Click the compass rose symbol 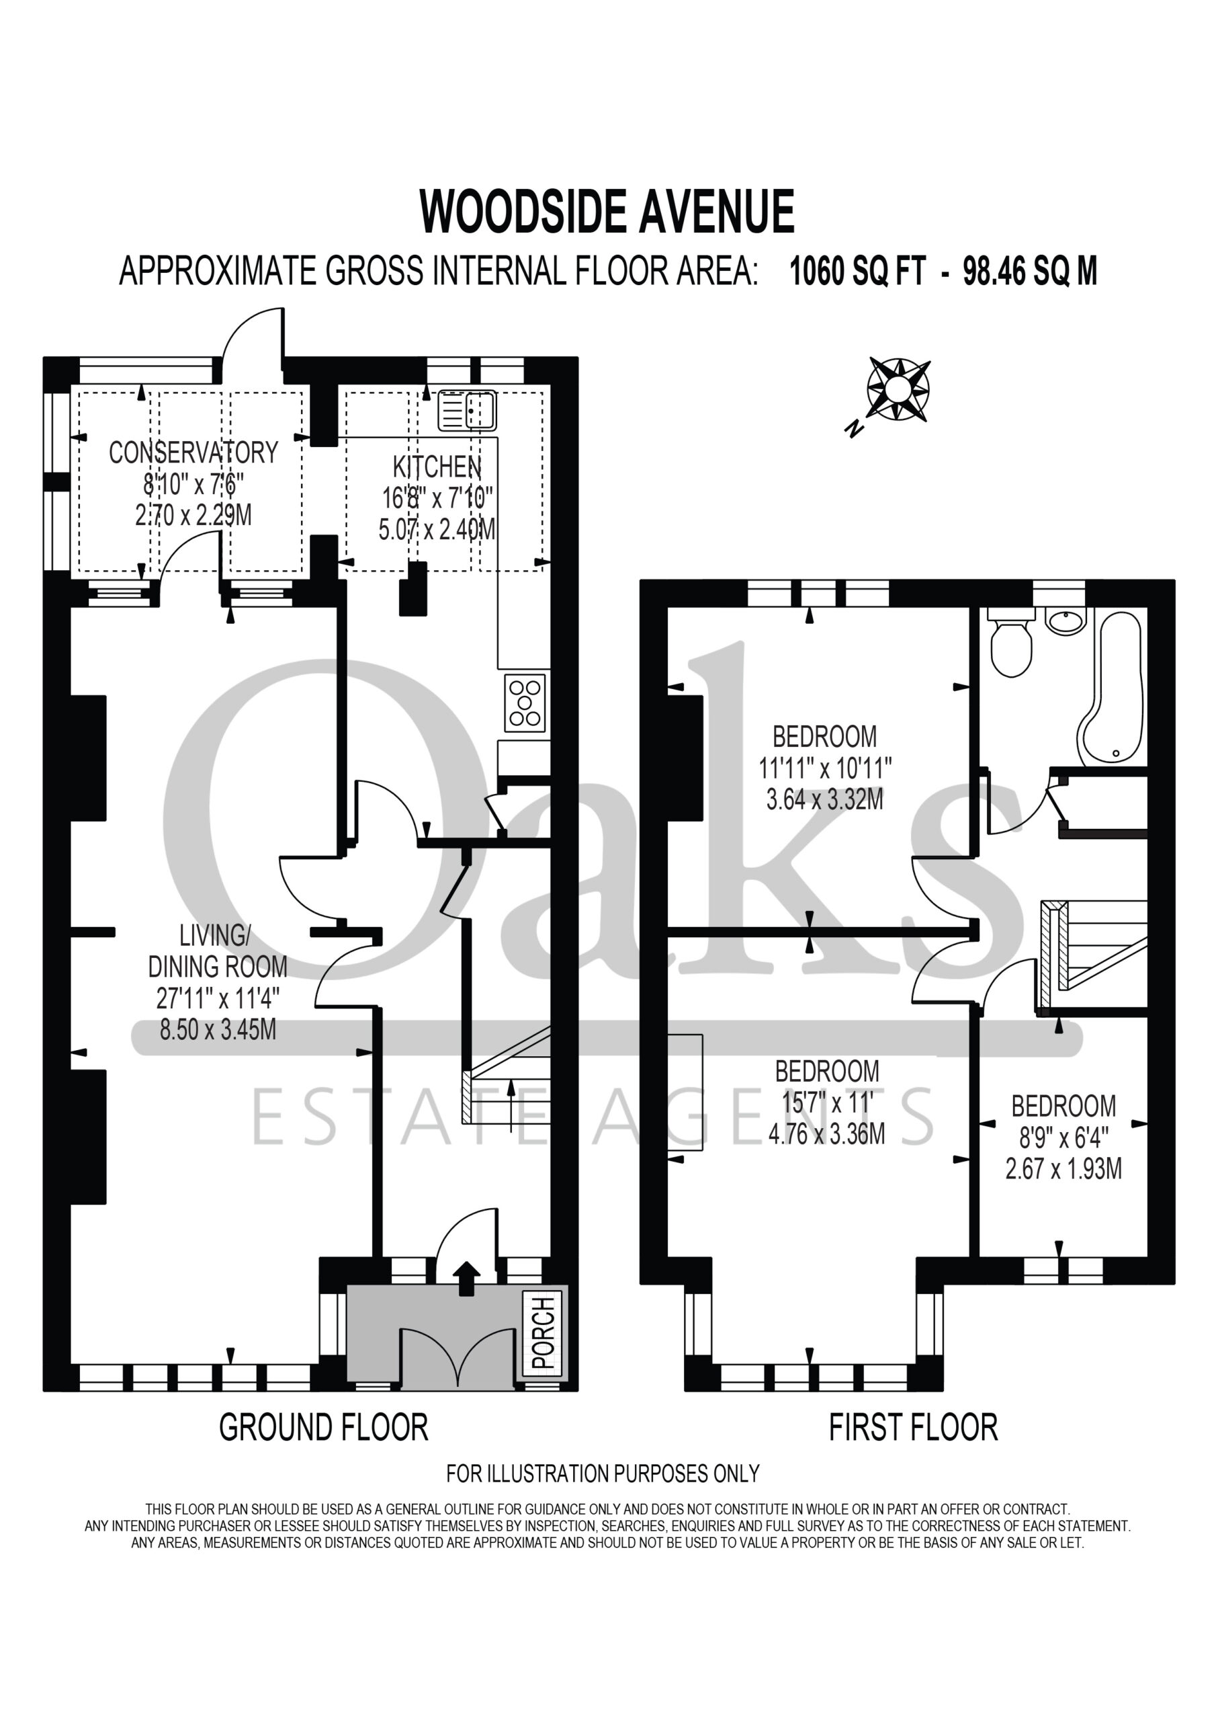tap(898, 389)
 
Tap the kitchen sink tap(467, 410)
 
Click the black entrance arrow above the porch tap(466, 1278)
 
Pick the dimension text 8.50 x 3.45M tap(218, 1029)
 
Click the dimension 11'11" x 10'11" tap(825, 768)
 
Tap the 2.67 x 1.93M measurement tap(1063, 1168)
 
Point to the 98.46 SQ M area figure tap(1030, 272)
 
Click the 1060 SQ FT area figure tap(858, 272)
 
